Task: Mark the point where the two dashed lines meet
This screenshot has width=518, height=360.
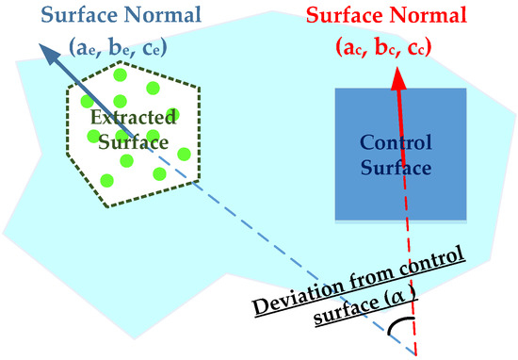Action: click(x=415, y=353)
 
